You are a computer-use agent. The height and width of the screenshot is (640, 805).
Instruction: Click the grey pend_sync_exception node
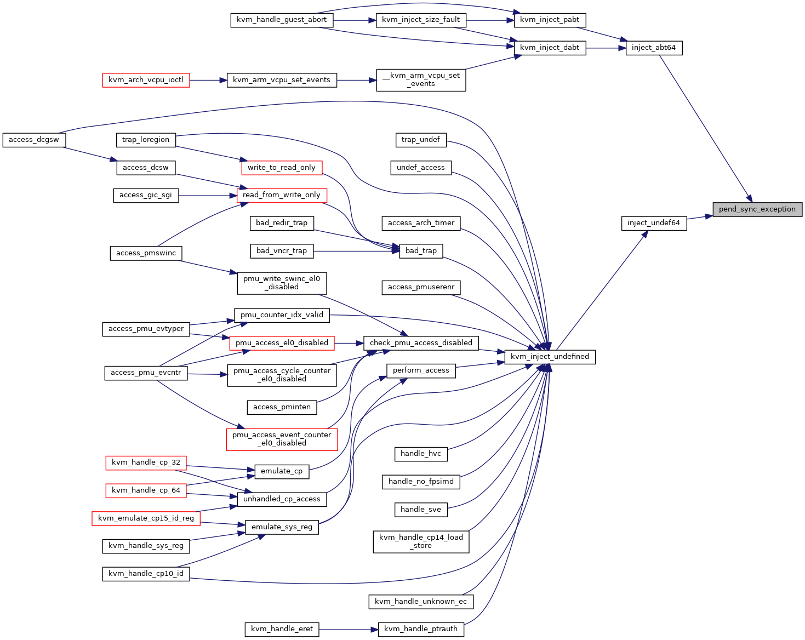pyautogui.click(x=757, y=209)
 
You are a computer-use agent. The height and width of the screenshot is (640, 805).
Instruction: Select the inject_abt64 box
pyautogui.click(x=654, y=48)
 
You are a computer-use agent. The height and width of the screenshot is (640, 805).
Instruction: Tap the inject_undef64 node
pyautogui.click(x=654, y=223)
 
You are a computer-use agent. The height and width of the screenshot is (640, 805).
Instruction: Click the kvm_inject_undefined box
pyautogui.click(x=550, y=357)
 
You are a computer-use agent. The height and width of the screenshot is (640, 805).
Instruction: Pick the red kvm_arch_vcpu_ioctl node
pyautogui.click(x=146, y=80)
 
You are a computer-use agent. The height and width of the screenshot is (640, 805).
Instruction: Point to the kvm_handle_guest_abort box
pyautogui.click(x=282, y=20)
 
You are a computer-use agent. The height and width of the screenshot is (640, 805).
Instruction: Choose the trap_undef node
pyautogui.click(x=421, y=140)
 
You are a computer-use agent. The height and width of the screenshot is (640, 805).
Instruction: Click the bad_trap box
pyautogui.click(x=421, y=251)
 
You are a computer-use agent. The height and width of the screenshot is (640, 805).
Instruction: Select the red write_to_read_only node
pyautogui.click(x=282, y=168)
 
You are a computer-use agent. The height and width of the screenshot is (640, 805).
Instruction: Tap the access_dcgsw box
pyautogui.click(x=34, y=140)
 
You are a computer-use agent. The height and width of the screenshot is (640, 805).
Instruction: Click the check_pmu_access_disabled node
pyautogui.click(x=421, y=343)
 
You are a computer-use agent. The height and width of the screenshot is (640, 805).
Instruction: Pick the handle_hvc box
pyautogui.click(x=421, y=454)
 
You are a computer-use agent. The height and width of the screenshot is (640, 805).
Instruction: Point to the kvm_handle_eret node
pyautogui.click(x=282, y=629)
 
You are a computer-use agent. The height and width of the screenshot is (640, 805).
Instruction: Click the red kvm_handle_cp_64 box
pyautogui.click(x=146, y=490)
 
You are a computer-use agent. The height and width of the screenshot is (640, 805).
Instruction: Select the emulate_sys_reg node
pyautogui.click(x=282, y=527)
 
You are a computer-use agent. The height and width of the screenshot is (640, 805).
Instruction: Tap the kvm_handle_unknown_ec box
pyautogui.click(x=421, y=602)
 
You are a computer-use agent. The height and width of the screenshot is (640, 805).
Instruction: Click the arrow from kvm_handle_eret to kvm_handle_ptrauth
pyautogui.click(x=349, y=630)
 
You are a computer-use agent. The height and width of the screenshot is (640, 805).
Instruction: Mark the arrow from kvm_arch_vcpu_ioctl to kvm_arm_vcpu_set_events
pyautogui.click(x=208, y=80)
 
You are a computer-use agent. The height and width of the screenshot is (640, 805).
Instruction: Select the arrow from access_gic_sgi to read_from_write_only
pyautogui.click(x=208, y=196)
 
